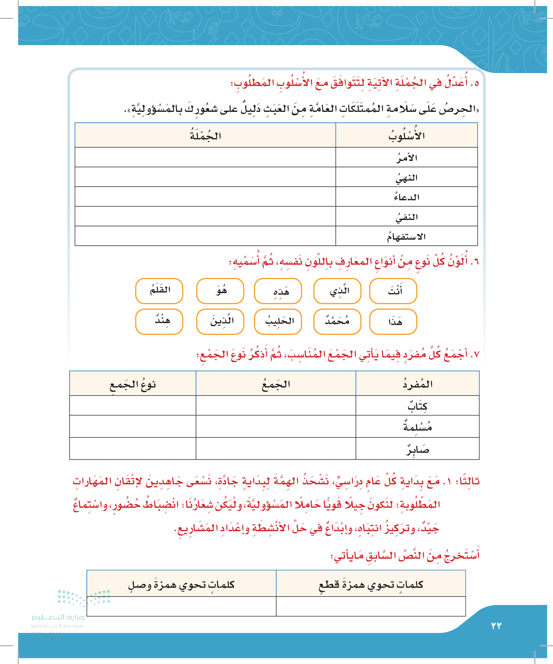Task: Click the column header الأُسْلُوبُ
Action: pos(406,136)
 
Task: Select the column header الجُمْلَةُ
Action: pos(205,136)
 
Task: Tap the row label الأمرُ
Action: pos(406,157)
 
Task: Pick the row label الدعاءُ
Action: pos(406,197)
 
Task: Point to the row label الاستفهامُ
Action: pos(406,236)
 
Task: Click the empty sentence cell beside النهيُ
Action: pos(205,177)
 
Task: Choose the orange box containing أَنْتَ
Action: pos(393,291)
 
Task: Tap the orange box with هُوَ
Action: pos(220,291)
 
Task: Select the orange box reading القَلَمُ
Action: pos(159,291)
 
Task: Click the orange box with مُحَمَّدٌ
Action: pos(337,322)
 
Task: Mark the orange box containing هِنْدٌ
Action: pos(159,322)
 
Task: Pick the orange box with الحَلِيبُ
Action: pos(278,322)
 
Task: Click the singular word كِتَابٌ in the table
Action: pos(417,406)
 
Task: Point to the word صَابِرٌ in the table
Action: pos(417,449)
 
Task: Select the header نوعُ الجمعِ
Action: pos(133,384)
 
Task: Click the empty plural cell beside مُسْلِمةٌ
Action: pos(276,427)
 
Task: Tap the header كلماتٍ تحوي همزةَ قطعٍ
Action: pos(371,584)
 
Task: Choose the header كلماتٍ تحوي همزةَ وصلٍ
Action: pos(182,584)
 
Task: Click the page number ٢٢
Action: pos(496,626)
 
